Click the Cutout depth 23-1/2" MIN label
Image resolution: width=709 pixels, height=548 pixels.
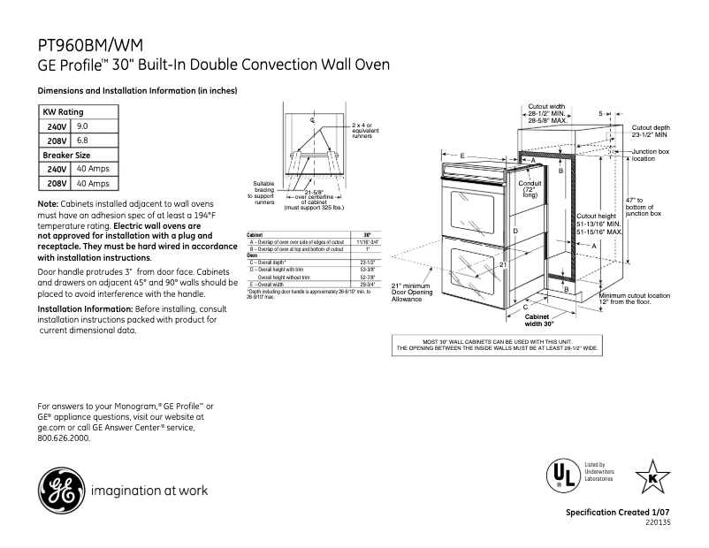tap(651, 132)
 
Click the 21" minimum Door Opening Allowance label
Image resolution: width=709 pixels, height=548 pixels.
tap(412, 293)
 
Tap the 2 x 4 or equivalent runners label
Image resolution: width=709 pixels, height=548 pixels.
tap(362, 131)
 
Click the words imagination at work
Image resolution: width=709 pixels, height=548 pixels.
tap(149, 490)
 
